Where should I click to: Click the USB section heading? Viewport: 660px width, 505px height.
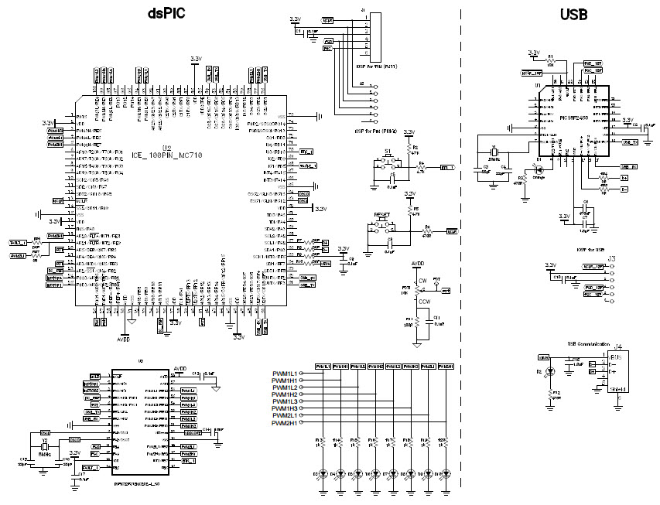click(573, 14)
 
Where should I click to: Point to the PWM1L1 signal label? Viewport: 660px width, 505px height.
click(285, 373)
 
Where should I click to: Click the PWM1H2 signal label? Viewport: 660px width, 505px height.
click(285, 394)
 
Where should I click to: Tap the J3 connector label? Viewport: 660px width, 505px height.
click(611, 258)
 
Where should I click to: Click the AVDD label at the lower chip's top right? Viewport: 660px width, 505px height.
click(180, 369)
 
